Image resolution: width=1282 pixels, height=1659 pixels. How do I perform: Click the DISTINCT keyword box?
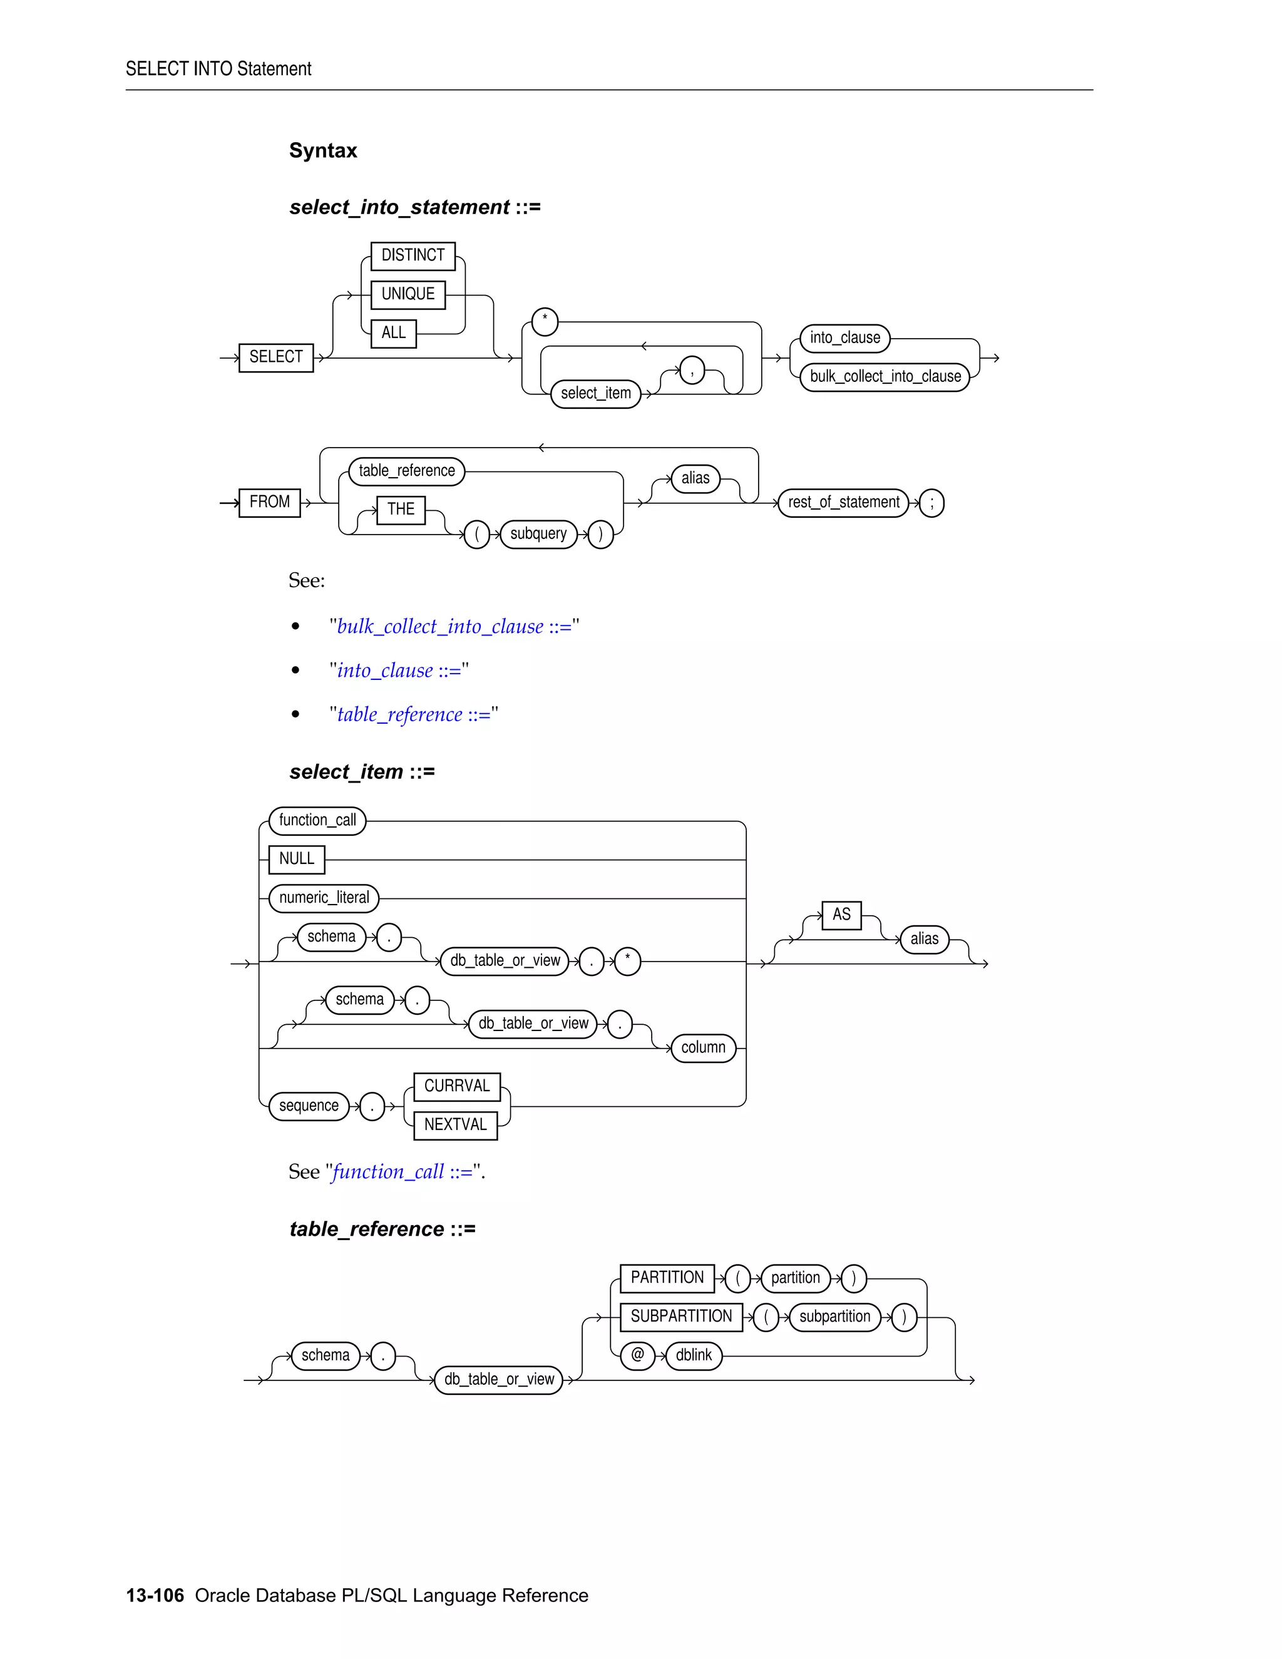tap(413, 256)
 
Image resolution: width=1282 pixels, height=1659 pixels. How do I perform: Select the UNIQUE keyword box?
tap(408, 295)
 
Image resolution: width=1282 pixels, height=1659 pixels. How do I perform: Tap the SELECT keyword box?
tap(275, 357)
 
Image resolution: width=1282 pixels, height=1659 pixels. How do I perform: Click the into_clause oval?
tap(844, 338)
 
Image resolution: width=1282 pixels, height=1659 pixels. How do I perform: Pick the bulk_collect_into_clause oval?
tap(885, 377)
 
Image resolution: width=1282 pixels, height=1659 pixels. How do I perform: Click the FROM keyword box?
tap(270, 502)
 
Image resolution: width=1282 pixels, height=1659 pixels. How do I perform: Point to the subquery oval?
tap(538, 534)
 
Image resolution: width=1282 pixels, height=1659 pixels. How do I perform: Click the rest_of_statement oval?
tap(843, 503)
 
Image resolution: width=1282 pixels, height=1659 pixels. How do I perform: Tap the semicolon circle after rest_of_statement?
tap(931, 503)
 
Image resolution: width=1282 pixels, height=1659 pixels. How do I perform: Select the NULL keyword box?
tap(296, 859)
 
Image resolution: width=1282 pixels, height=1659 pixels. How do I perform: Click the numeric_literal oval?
tap(324, 898)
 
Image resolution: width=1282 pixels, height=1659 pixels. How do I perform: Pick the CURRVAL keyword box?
tap(456, 1086)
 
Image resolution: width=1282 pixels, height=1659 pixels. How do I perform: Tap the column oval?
tap(703, 1047)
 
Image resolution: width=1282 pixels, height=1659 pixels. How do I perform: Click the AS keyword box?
tap(841, 915)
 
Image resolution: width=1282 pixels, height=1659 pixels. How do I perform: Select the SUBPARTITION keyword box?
tap(680, 1317)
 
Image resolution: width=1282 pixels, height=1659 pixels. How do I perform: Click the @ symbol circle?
tap(637, 1355)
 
